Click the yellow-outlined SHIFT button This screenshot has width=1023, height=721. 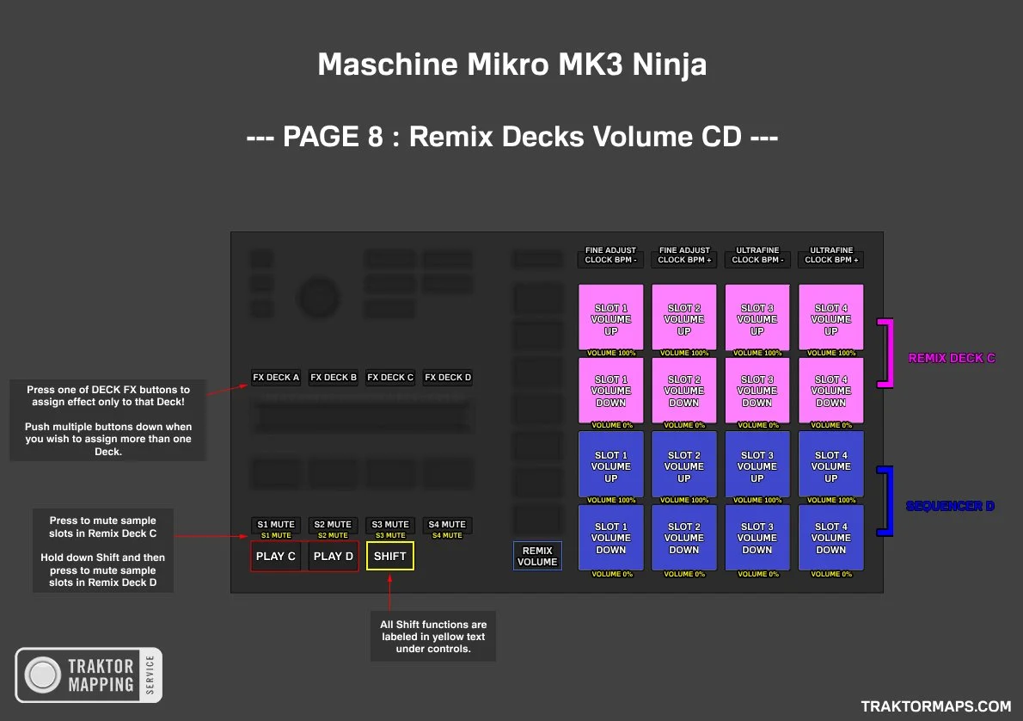pos(389,556)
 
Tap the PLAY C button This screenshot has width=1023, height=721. pos(276,556)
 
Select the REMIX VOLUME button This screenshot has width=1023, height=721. pos(537,556)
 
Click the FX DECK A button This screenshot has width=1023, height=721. pos(276,377)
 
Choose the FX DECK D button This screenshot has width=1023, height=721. pos(448,377)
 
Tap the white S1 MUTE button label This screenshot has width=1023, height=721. pos(276,524)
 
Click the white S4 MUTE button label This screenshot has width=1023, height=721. pos(447,524)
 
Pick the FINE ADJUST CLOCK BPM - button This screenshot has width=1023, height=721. pos(611,256)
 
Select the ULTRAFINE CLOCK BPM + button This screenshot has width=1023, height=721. pos(831,256)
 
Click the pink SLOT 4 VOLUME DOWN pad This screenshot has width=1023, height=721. pos(831,390)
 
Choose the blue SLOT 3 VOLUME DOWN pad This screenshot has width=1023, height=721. pos(757,538)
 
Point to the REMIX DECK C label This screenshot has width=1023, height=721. pos(952,358)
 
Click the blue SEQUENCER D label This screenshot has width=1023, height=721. pos(950,506)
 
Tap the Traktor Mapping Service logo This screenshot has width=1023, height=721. pos(89,675)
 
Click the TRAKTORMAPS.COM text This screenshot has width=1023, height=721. pos(936,706)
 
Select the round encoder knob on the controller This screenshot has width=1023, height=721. pos(319,298)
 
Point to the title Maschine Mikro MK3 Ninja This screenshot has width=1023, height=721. pos(512,65)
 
